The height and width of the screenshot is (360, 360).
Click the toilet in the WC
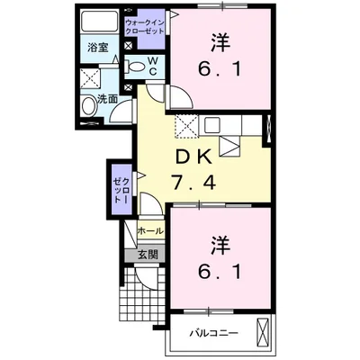click(x=137, y=65)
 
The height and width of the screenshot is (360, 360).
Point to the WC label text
click(x=152, y=65)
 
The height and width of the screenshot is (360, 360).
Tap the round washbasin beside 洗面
click(x=88, y=107)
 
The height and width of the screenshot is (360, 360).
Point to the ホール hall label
click(x=150, y=231)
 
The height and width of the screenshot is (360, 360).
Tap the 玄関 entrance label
click(x=148, y=254)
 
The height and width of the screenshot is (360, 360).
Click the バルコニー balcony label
click(x=213, y=333)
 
